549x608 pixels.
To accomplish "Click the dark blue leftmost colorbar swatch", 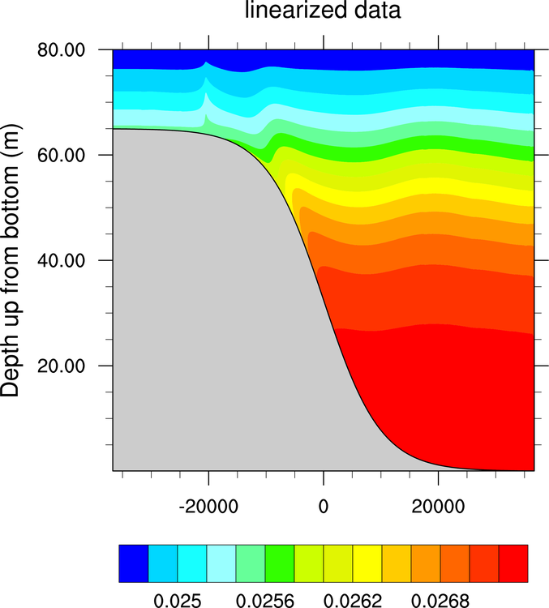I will coord(134,560).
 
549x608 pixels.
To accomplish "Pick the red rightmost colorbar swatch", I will coord(513,560).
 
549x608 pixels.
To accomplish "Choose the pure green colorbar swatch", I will coord(280,560).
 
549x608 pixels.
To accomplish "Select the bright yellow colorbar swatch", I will coord(367,560).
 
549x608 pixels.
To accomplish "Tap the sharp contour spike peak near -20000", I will coord(205,63).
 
